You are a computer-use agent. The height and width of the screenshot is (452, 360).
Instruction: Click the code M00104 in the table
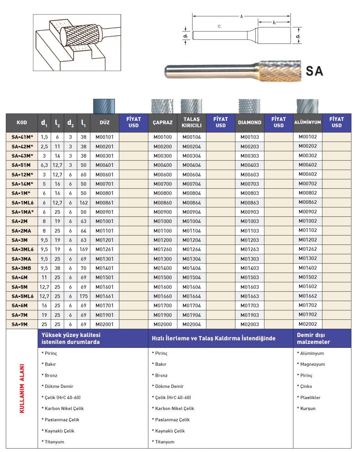192,137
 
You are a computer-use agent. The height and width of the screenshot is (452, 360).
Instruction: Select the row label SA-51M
21,165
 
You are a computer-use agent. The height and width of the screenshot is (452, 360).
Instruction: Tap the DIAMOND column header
249,123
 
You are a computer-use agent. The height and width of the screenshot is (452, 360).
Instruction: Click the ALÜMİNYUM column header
307,123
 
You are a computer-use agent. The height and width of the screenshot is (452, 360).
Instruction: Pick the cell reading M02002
307,324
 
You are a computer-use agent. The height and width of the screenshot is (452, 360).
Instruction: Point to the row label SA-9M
19,324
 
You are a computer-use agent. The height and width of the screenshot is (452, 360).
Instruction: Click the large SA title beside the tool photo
314,71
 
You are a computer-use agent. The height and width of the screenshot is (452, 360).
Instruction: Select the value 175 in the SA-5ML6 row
84,296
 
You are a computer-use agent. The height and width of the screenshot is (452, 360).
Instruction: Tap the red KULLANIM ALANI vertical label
22,388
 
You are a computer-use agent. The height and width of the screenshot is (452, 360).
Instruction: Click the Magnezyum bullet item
312,364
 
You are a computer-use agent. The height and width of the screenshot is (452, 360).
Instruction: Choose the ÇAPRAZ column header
162,123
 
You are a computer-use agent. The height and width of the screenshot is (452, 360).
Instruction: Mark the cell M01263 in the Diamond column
249,249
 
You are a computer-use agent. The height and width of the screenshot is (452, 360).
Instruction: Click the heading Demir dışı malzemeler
313,338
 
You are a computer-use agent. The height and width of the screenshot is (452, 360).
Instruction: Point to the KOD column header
22,123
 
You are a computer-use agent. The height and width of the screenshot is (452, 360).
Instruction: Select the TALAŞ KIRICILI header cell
192,123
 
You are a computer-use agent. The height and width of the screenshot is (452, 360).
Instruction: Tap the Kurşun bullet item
308,409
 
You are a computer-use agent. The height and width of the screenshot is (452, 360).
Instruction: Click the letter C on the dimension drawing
219,26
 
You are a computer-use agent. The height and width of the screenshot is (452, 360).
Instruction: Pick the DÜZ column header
104,123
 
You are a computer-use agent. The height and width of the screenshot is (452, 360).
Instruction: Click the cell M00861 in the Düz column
104,203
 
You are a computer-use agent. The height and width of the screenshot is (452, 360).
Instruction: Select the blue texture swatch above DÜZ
104,106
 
